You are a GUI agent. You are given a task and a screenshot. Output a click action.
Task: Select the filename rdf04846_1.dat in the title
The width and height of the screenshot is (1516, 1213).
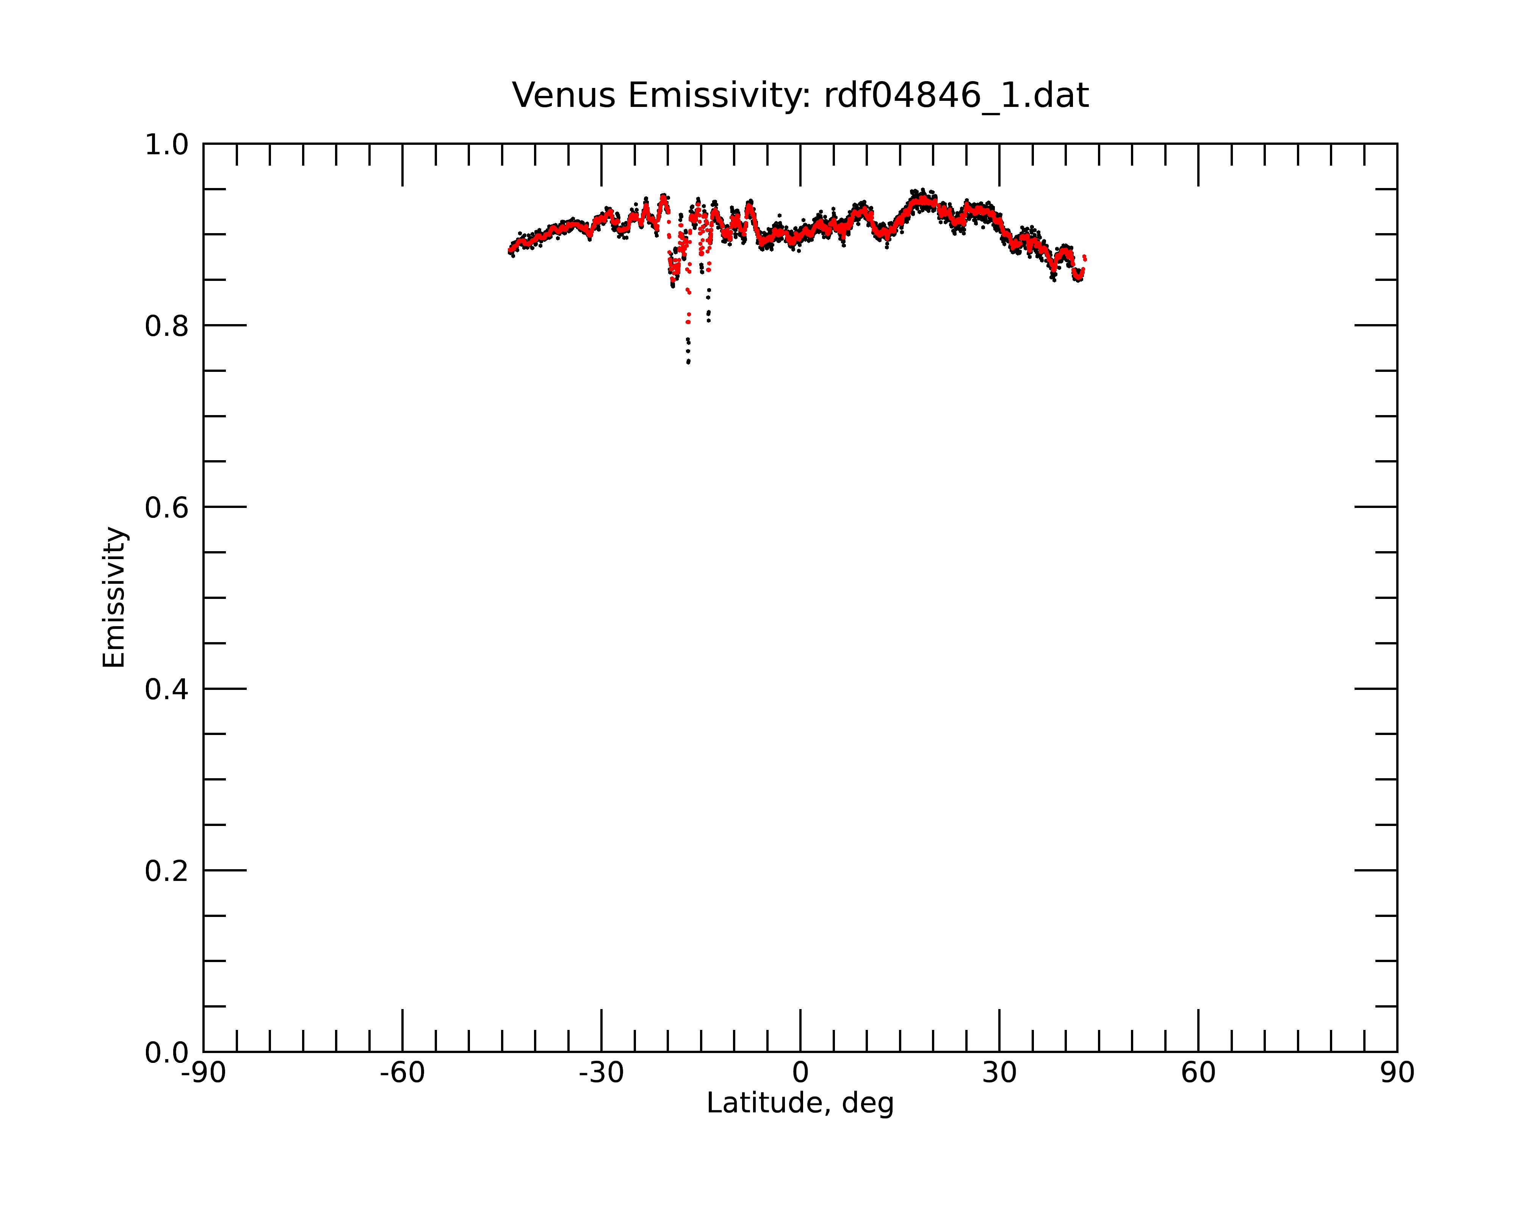[x=956, y=96]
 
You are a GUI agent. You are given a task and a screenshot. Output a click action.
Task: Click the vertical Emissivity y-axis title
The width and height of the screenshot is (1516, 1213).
[x=114, y=597]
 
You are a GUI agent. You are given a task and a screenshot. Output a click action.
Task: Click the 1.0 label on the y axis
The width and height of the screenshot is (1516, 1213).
[x=167, y=146]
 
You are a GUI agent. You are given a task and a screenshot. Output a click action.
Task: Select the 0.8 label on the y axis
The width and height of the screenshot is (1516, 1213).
[x=167, y=326]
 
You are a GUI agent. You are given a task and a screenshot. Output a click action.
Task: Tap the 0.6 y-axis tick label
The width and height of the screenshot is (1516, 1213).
[x=167, y=508]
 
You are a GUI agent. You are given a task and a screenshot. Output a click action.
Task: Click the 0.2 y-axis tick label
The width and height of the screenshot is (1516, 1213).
[x=167, y=871]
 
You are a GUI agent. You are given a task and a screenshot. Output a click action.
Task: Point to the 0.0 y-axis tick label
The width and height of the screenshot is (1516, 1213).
[x=167, y=1053]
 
